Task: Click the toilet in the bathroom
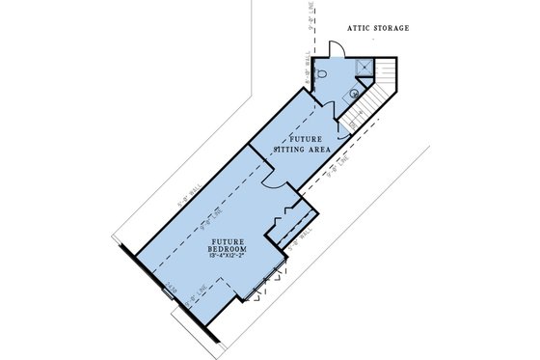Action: (323, 71)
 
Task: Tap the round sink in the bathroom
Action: (354, 94)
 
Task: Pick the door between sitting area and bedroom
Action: (271, 178)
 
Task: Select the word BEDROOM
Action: (225, 247)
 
